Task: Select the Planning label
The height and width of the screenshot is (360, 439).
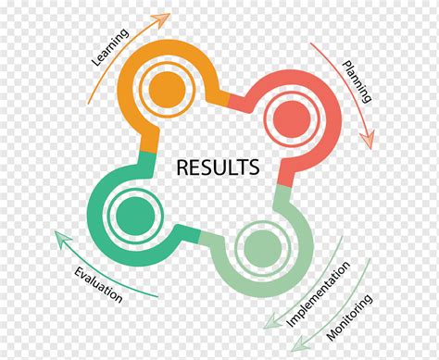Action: click(357, 81)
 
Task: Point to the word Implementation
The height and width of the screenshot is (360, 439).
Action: click(318, 293)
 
